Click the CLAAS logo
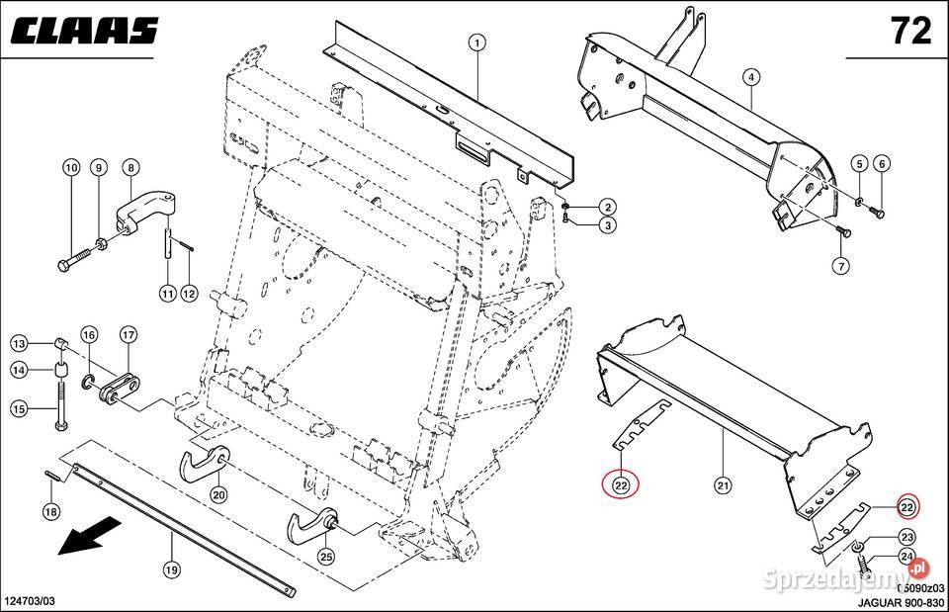(x=85, y=31)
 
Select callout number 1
(x=476, y=43)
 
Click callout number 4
(x=751, y=76)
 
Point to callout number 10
(x=70, y=167)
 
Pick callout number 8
(x=129, y=167)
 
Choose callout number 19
(x=171, y=568)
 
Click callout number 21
(x=723, y=484)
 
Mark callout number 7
(x=839, y=266)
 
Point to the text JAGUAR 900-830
(x=897, y=602)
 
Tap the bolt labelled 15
(x=58, y=406)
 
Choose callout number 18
(x=50, y=511)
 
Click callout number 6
(x=882, y=163)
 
